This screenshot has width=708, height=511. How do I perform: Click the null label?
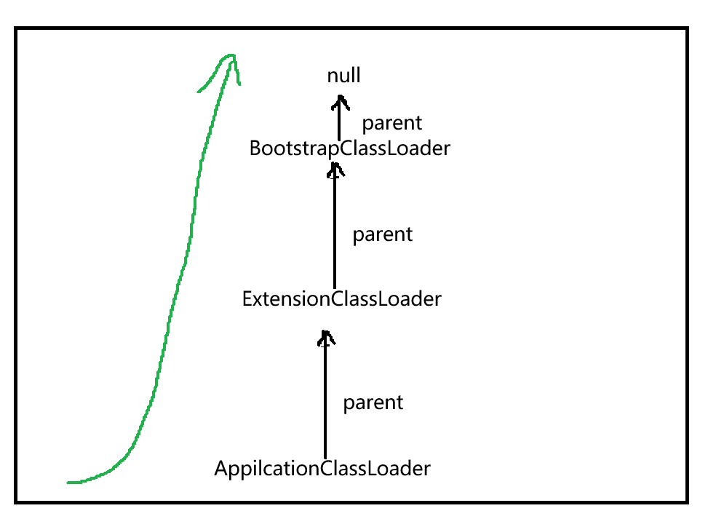[343, 76]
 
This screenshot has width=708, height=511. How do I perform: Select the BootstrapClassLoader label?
[349, 148]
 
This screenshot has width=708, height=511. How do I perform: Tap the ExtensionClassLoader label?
[341, 299]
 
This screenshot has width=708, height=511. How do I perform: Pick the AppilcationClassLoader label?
[322, 468]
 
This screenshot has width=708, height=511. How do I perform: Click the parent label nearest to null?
[392, 123]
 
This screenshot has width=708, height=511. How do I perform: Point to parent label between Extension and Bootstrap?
[382, 235]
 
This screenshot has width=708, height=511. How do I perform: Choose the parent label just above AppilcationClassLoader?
[373, 403]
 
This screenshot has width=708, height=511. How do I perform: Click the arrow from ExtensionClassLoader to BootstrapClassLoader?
[335, 226]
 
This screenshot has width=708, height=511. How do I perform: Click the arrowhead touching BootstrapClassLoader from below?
[335, 169]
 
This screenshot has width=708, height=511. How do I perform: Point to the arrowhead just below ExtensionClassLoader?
[326, 337]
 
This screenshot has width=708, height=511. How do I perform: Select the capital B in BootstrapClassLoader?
[255, 148]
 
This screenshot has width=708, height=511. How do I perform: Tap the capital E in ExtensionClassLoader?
[247, 299]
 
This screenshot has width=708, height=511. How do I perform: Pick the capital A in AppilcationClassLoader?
[221, 468]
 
